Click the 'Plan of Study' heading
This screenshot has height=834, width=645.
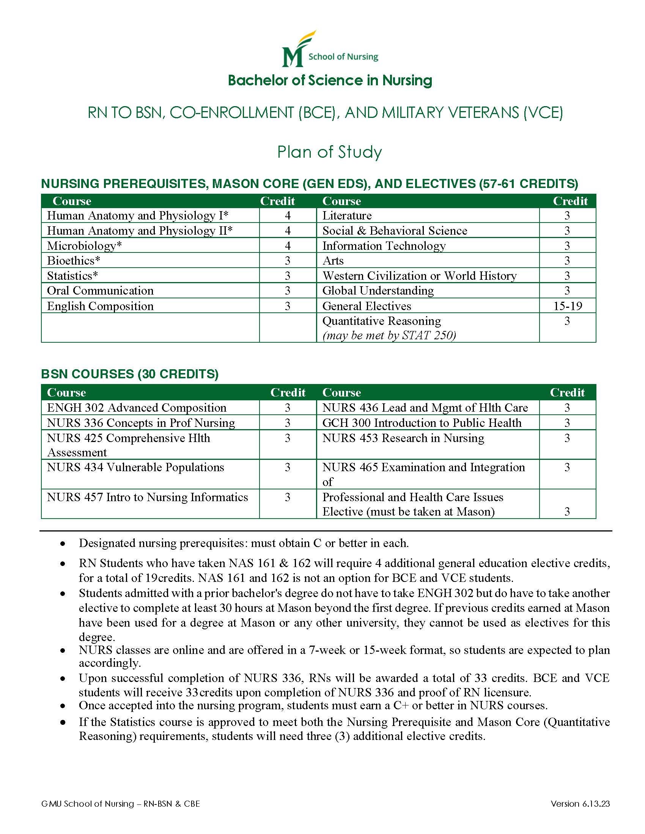point(329,152)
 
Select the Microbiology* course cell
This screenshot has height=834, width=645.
point(85,246)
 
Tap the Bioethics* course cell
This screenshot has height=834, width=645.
point(74,260)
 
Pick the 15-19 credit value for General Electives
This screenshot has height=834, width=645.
point(568,306)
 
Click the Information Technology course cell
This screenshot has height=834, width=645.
point(384,246)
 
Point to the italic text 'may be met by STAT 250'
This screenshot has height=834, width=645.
point(389,335)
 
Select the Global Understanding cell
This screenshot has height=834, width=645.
point(378,291)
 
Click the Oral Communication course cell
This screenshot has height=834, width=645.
point(100,291)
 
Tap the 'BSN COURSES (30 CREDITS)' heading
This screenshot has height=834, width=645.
point(130,374)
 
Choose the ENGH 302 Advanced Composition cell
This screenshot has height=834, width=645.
point(137,408)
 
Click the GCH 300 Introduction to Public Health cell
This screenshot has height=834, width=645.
point(422,423)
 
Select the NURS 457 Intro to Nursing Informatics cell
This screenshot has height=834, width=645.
point(147,497)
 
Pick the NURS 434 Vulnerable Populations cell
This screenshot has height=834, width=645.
point(135,467)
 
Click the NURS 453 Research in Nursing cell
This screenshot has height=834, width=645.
point(403,438)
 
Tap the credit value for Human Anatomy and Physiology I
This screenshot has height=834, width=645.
point(288,216)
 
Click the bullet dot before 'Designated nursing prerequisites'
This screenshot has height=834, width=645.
point(63,544)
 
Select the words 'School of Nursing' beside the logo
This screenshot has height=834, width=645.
point(343,57)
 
